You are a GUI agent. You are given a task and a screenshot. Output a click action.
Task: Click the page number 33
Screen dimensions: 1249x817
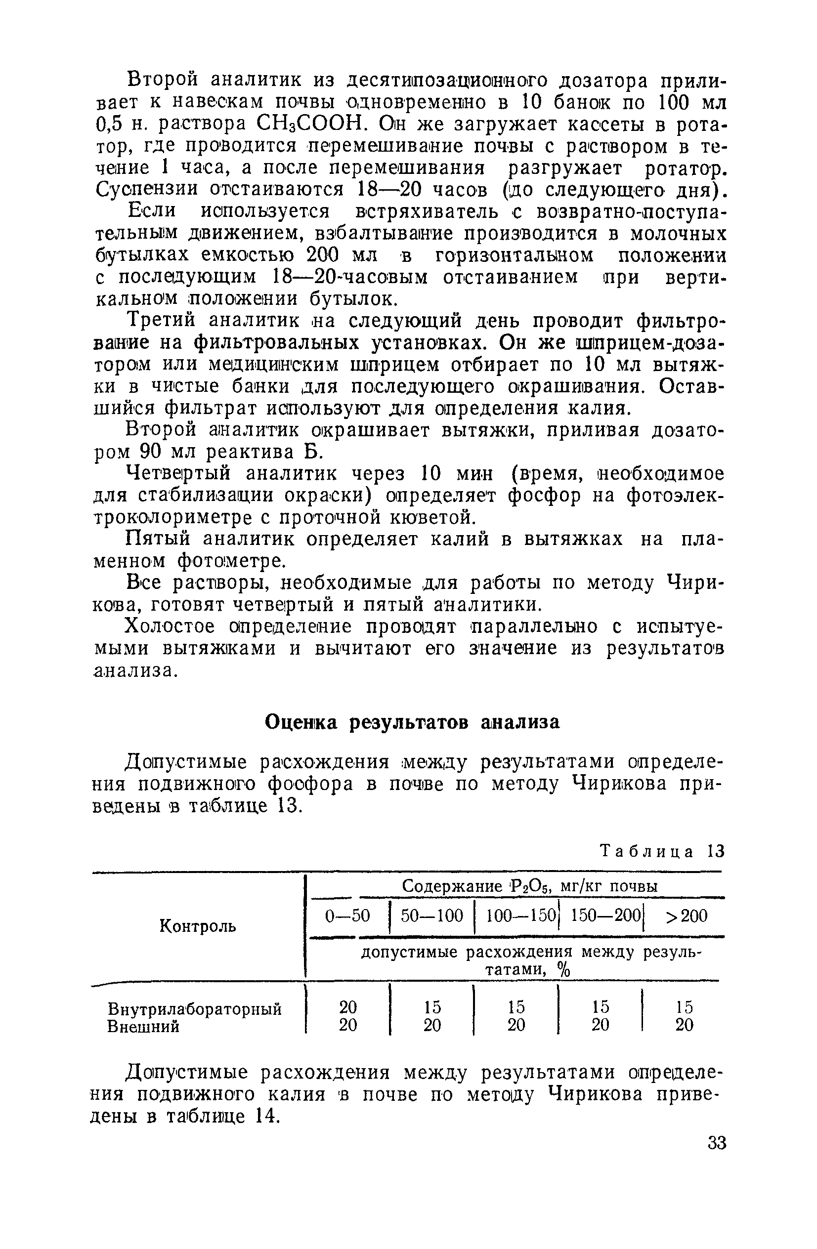point(716,1142)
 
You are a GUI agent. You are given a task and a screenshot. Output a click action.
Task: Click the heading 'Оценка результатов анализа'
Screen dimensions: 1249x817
point(412,723)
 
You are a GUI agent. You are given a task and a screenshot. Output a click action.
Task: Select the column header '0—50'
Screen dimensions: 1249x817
point(347,916)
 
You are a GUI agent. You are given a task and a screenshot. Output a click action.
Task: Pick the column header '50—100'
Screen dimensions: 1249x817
point(431,916)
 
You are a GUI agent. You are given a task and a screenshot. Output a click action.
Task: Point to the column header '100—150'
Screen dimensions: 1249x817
point(520,916)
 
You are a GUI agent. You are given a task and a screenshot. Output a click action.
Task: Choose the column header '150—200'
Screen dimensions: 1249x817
point(606,916)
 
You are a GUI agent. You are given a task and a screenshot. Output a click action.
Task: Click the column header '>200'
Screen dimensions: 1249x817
point(686,916)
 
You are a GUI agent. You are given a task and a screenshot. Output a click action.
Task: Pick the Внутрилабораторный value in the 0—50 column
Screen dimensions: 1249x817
point(347,1007)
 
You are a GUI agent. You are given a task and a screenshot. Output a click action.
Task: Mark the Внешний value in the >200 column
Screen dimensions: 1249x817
point(684,1025)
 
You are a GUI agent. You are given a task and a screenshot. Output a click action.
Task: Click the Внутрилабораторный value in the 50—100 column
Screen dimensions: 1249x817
point(432,1007)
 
